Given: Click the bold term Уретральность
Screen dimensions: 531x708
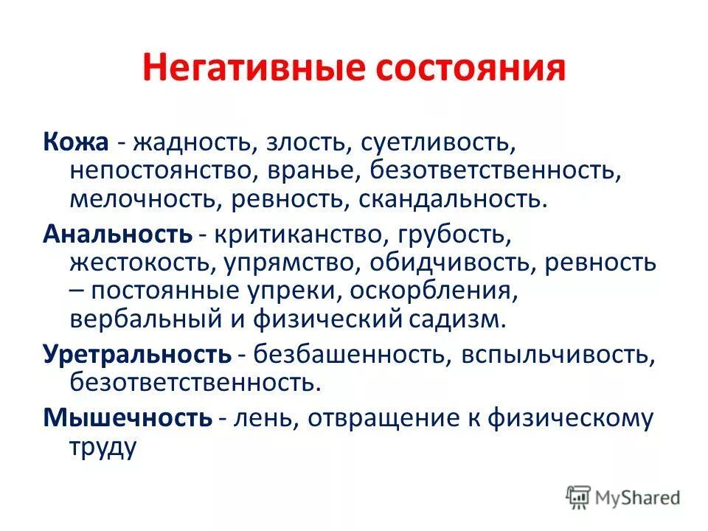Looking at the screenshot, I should click(x=137, y=355).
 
